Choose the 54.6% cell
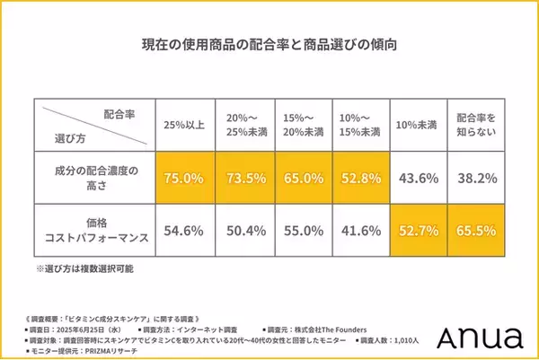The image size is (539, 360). pos(183,230)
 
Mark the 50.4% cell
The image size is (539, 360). pos(243,230)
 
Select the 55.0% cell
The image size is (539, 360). pos(304,230)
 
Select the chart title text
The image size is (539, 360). pos(269,43)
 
